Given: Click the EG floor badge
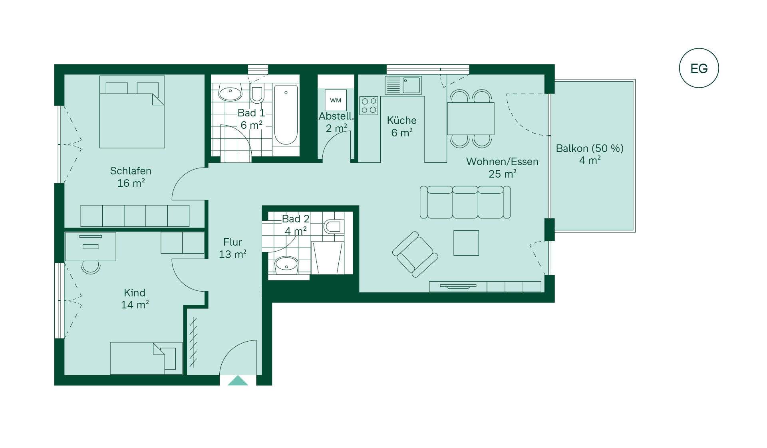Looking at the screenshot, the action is [699, 68].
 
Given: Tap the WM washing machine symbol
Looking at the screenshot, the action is [336, 100].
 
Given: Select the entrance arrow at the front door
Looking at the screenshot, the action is [238, 380].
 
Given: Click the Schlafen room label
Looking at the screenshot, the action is [131, 171].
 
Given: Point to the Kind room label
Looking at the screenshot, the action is [135, 292].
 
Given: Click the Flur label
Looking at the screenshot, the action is [232, 242].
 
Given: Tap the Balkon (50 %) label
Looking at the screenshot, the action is [590, 148].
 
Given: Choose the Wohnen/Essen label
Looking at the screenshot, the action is [502, 162].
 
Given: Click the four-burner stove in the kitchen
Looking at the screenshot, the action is [369, 106].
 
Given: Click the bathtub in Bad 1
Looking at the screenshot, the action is [286, 115].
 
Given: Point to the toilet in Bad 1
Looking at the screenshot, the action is [257, 93].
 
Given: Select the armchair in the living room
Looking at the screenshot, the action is [415, 254].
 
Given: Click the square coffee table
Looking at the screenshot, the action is [466, 243].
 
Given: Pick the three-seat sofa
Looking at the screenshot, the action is [465, 202].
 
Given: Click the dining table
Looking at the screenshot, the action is [471, 118].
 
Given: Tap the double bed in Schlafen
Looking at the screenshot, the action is [132, 112].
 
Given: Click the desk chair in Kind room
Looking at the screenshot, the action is [91, 267].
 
